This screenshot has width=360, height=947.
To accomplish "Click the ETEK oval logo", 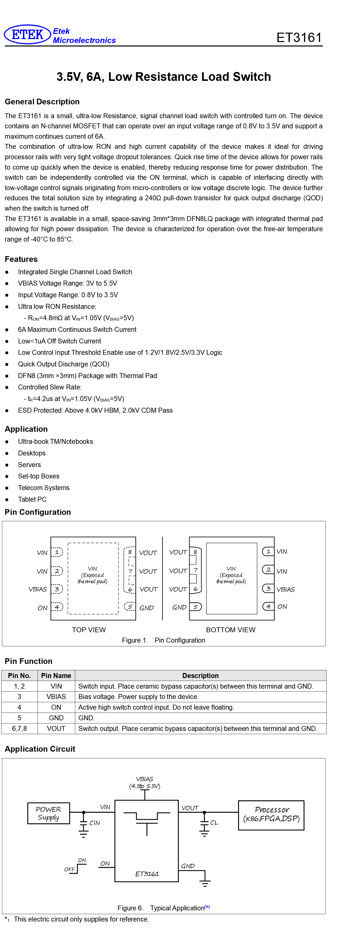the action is [27, 35].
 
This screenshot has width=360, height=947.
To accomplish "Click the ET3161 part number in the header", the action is [299, 38].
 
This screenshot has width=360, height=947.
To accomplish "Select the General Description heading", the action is [42, 102].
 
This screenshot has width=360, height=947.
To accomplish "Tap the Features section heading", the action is [21, 259].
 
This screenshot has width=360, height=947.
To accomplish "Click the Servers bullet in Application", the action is [29, 465].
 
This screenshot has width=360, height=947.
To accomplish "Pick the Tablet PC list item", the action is [32, 499].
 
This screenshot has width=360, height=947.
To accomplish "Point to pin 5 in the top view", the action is [130, 607].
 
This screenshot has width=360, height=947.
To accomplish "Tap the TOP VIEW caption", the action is [89, 630].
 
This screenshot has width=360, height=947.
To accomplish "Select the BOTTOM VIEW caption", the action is [231, 630].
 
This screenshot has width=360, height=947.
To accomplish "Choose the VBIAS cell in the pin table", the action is [56, 697].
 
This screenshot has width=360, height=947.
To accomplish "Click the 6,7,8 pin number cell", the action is [20, 728].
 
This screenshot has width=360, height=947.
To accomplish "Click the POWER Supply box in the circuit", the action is [48, 813].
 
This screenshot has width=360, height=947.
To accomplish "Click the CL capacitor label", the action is [214, 823].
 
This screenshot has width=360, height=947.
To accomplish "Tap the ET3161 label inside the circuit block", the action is [147, 874].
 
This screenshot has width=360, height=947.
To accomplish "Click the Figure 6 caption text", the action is [164, 908].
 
